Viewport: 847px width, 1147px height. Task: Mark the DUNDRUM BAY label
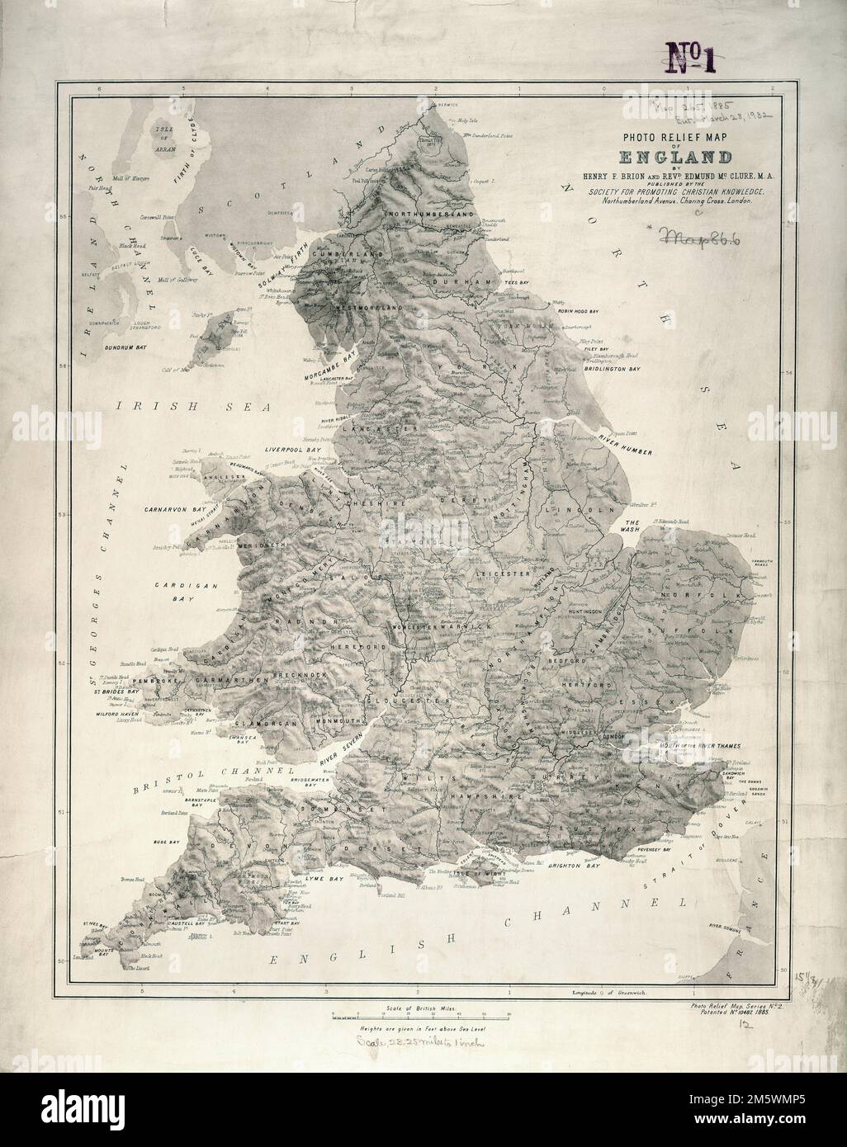point(121,348)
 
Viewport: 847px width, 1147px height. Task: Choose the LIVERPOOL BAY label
point(291,451)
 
